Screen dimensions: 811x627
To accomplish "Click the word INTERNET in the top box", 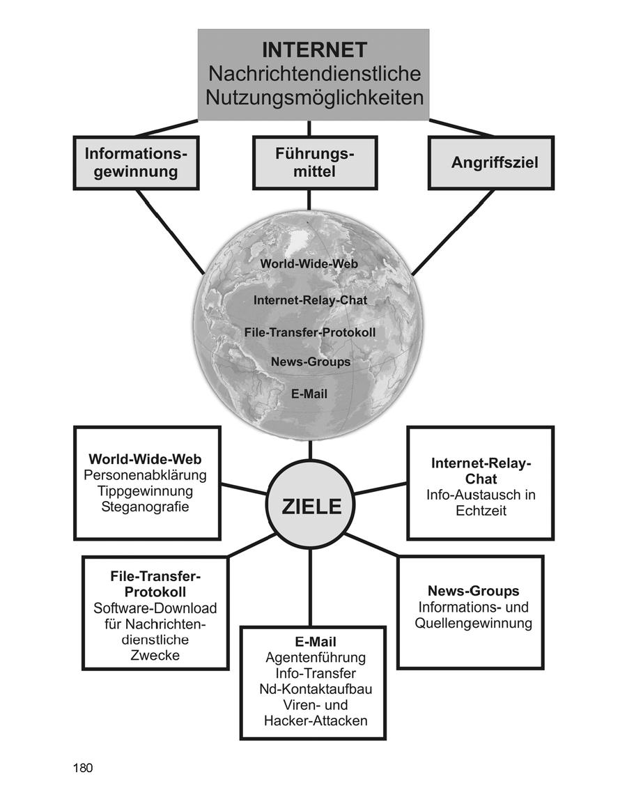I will click(313, 49).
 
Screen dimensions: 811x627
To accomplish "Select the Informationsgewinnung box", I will click(136, 162).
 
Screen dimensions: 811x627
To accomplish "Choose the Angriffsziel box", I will click(491, 162).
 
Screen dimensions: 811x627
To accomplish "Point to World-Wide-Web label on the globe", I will click(309, 264).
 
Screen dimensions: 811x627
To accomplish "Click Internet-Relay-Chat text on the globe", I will click(310, 300).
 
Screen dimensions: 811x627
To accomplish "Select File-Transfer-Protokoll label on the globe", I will click(310, 332).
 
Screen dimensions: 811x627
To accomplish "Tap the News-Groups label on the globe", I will click(311, 362).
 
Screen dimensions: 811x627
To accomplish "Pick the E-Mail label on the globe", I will click(309, 394).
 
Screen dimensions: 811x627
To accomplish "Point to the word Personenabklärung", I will click(145, 475).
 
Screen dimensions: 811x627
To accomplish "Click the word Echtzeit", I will click(481, 511).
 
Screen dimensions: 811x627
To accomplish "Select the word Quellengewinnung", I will click(473, 623).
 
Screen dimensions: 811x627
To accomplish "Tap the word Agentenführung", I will click(315, 657).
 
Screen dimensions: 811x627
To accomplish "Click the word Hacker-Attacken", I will click(315, 721).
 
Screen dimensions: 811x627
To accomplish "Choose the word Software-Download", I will click(155, 608).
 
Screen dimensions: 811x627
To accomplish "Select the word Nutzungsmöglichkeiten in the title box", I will click(314, 97).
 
